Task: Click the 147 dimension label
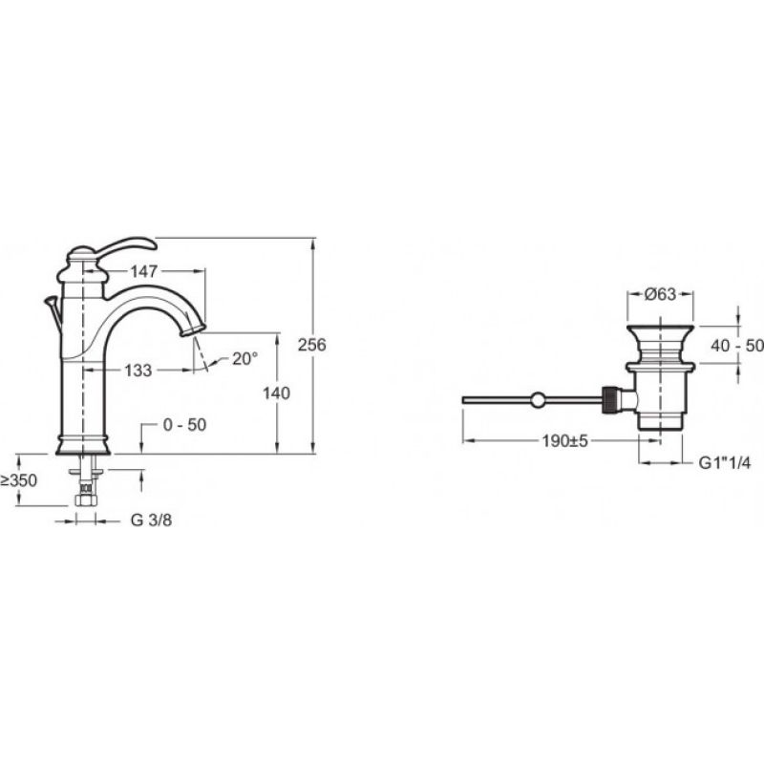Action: [x=144, y=271]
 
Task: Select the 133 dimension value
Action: [x=138, y=371]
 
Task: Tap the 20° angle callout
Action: [x=244, y=359]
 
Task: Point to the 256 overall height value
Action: [x=312, y=345]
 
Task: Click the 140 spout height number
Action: [x=276, y=393]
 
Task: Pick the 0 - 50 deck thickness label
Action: [x=184, y=424]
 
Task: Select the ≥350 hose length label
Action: [x=18, y=480]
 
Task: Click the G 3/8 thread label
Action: [x=151, y=520]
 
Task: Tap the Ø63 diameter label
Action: [x=660, y=294]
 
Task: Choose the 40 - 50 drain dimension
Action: [x=737, y=346]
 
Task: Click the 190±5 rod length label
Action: [x=565, y=441]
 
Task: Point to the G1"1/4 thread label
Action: [x=725, y=462]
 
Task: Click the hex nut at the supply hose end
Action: [x=86, y=499]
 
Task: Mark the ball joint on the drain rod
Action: [x=538, y=400]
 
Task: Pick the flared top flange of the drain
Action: [x=660, y=332]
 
